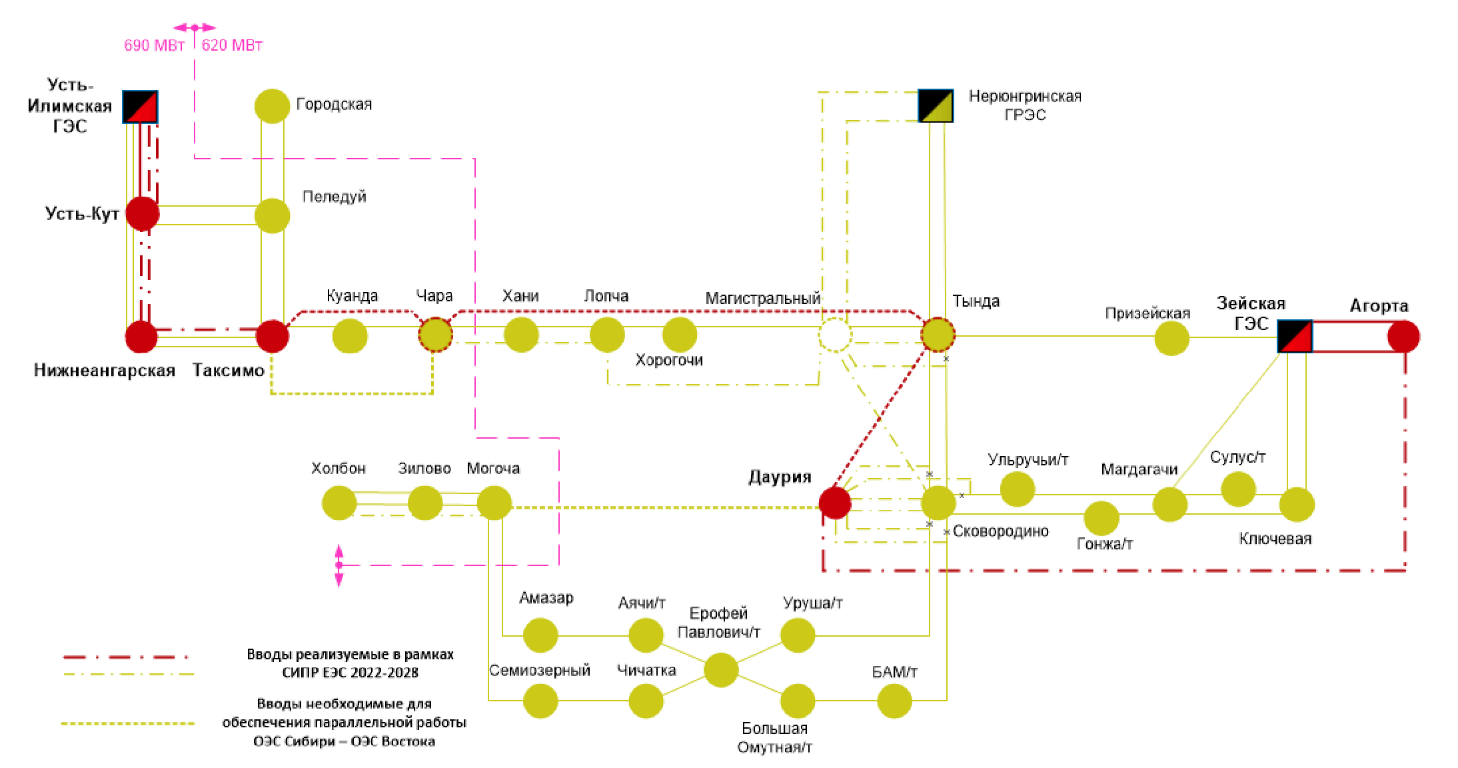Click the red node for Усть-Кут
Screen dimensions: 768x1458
point(143,213)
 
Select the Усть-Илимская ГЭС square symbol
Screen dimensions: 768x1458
point(140,107)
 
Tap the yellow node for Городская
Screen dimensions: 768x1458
point(272,106)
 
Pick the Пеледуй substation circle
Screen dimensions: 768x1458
point(272,215)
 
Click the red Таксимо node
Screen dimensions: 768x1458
point(272,336)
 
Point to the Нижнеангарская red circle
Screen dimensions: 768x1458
point(141,336)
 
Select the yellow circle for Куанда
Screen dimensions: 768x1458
point(350,336)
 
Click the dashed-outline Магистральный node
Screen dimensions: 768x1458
point(835,335)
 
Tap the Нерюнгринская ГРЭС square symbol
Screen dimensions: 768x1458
point(936,105)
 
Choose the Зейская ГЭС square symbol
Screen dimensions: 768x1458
point(1295,337)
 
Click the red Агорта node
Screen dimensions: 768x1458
point(1403,337)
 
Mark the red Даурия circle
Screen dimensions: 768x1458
point(835,503)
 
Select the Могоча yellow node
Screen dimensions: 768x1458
point(494,503)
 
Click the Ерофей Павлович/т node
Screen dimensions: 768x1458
point(721,669)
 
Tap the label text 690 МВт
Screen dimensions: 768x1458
point(154,45)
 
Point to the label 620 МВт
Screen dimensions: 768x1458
point(232,45)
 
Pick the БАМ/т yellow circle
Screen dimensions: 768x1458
point(894,701)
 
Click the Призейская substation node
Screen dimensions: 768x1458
point(1171,339)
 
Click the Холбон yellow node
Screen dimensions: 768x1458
point(339,503)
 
